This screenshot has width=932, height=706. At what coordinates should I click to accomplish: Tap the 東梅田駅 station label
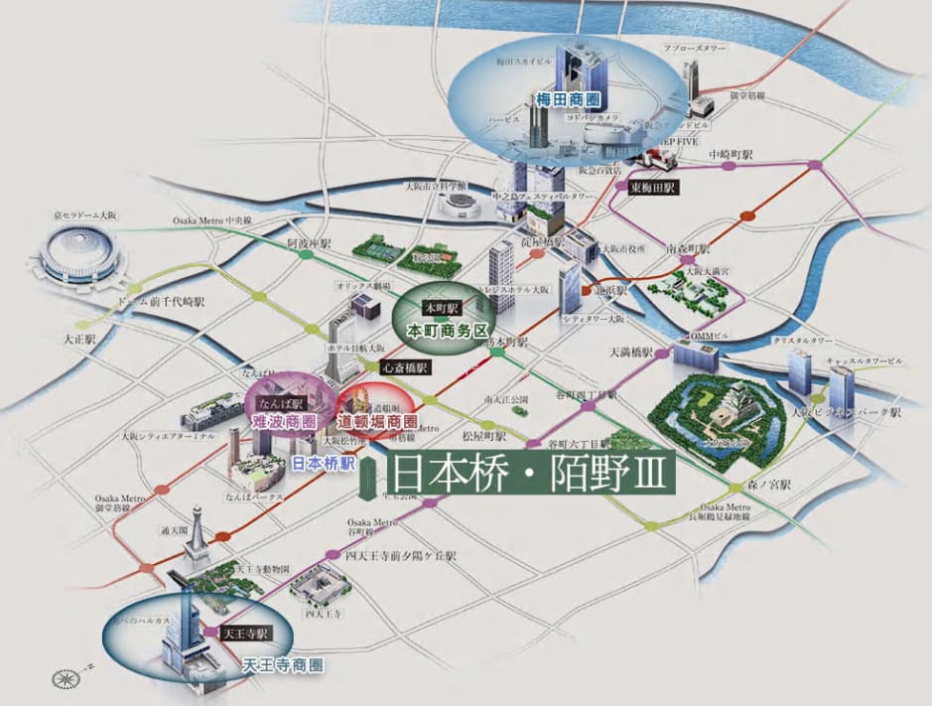(x=653, y=187)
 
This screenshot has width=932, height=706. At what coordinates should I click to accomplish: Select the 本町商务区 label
(x=438, y=327)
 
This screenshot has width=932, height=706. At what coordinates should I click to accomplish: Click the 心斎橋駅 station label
(x=404, y=367)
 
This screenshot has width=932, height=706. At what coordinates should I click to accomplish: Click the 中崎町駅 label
(x=731, y=156)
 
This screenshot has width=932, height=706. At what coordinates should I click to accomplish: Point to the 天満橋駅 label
(x=631, y=353)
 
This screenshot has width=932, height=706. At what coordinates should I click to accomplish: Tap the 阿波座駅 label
(x=309, y=243)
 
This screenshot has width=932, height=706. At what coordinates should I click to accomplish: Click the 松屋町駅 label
(x=484, y=435)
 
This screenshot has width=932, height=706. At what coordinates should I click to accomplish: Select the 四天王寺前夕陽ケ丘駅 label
(x=401, y=556)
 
